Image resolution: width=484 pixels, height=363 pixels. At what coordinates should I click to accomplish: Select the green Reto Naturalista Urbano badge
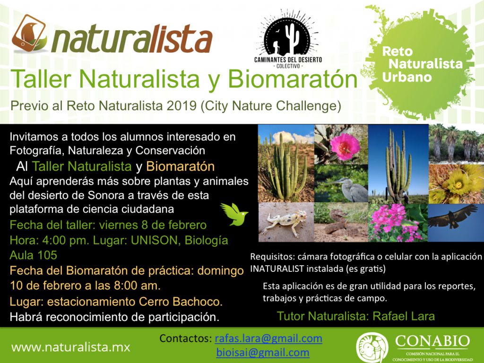click(420, 63)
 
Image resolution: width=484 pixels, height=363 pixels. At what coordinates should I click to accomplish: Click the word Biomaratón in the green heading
click(292, 79)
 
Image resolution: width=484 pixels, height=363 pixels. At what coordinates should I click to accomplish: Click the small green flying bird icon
click(234, 214)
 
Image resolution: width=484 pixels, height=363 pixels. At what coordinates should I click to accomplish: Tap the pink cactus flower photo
click(341, 145)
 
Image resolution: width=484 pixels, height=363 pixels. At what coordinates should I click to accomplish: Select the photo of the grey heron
click(341, 183)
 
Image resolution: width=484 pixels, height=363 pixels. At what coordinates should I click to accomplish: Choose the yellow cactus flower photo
click(456, 184)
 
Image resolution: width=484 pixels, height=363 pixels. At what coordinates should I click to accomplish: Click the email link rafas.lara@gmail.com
click(268, 338)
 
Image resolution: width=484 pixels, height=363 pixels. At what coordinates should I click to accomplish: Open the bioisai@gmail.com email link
click(263, 352)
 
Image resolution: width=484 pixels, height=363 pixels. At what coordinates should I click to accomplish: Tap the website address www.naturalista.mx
click(71, 347)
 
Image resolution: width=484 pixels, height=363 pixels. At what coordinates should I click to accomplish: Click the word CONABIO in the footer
click(432, 341)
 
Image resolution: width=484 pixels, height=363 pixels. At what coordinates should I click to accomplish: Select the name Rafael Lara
click(404, 316)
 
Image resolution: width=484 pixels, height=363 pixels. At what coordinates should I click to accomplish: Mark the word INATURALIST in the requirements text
click(277, 268)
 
